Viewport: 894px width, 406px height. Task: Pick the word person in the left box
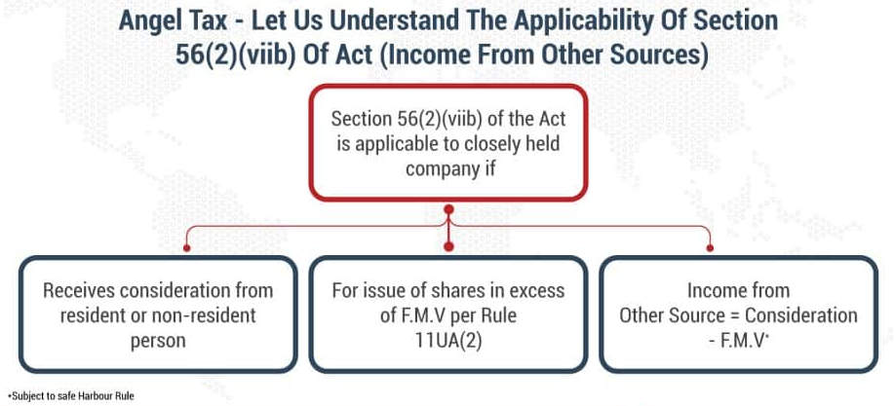158,341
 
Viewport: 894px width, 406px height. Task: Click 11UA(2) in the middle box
448,342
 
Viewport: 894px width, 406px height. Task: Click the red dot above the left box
186,247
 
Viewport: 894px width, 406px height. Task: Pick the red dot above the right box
710,247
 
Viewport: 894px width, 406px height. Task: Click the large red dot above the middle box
448,246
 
